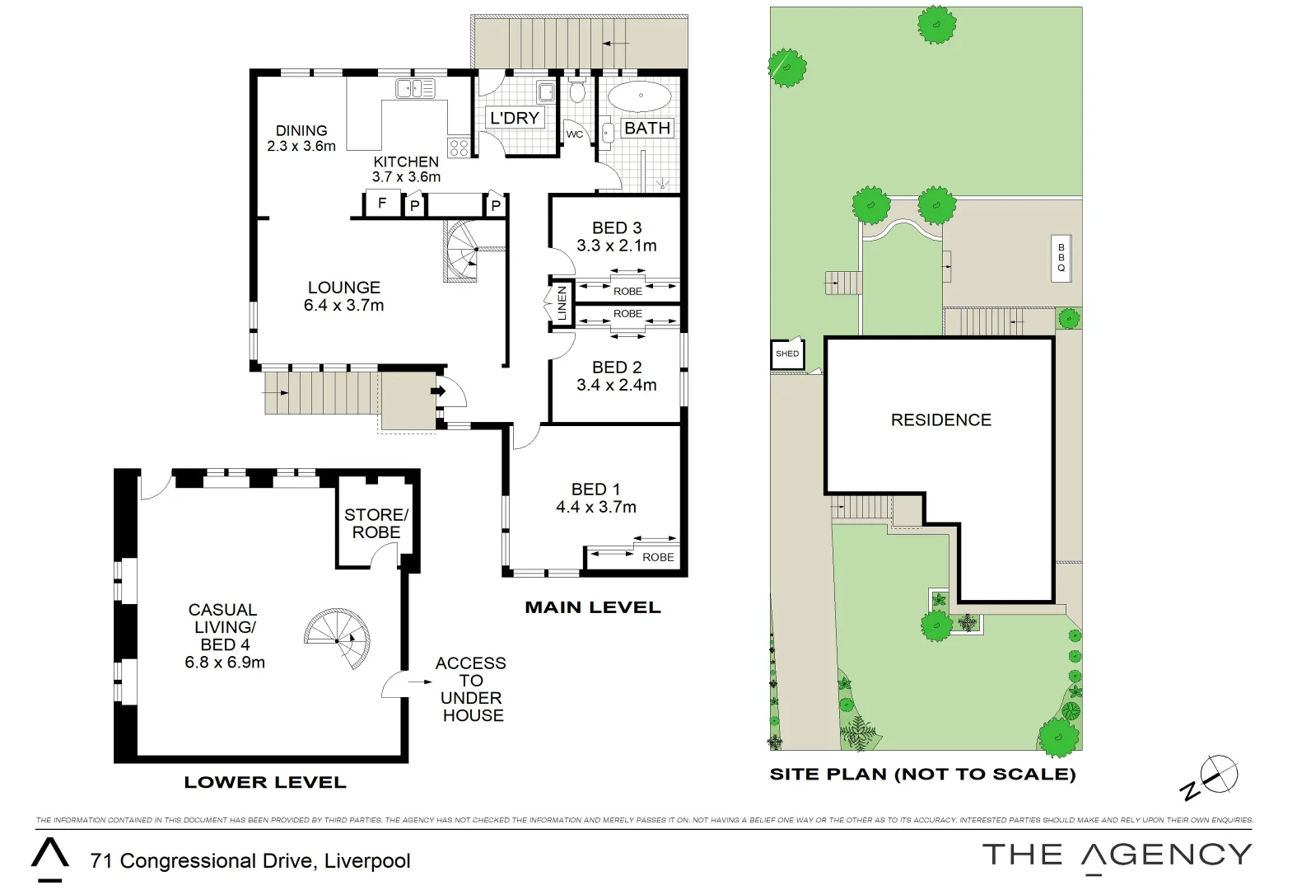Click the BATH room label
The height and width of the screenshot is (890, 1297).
647,128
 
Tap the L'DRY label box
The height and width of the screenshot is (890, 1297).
514,118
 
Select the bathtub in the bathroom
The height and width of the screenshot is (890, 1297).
640,96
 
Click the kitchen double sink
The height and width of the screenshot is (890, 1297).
416,87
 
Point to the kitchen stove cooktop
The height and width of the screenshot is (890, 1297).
459,148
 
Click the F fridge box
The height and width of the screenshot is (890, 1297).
382,203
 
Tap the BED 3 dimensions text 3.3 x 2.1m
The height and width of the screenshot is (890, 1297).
616,246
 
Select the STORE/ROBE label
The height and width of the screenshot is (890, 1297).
376,523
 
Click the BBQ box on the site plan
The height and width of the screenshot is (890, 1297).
1061,258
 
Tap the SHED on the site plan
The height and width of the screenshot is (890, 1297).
787,354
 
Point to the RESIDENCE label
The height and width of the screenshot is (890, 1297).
940,420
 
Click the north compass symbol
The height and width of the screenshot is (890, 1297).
1219,775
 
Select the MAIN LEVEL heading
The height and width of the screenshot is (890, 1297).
593,607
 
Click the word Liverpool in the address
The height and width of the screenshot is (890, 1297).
367,861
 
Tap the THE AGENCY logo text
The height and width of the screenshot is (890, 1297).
1116,855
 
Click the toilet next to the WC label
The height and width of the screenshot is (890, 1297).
577,91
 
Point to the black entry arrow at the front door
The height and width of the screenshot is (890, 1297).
438,391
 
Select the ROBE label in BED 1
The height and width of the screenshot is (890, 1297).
658,557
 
